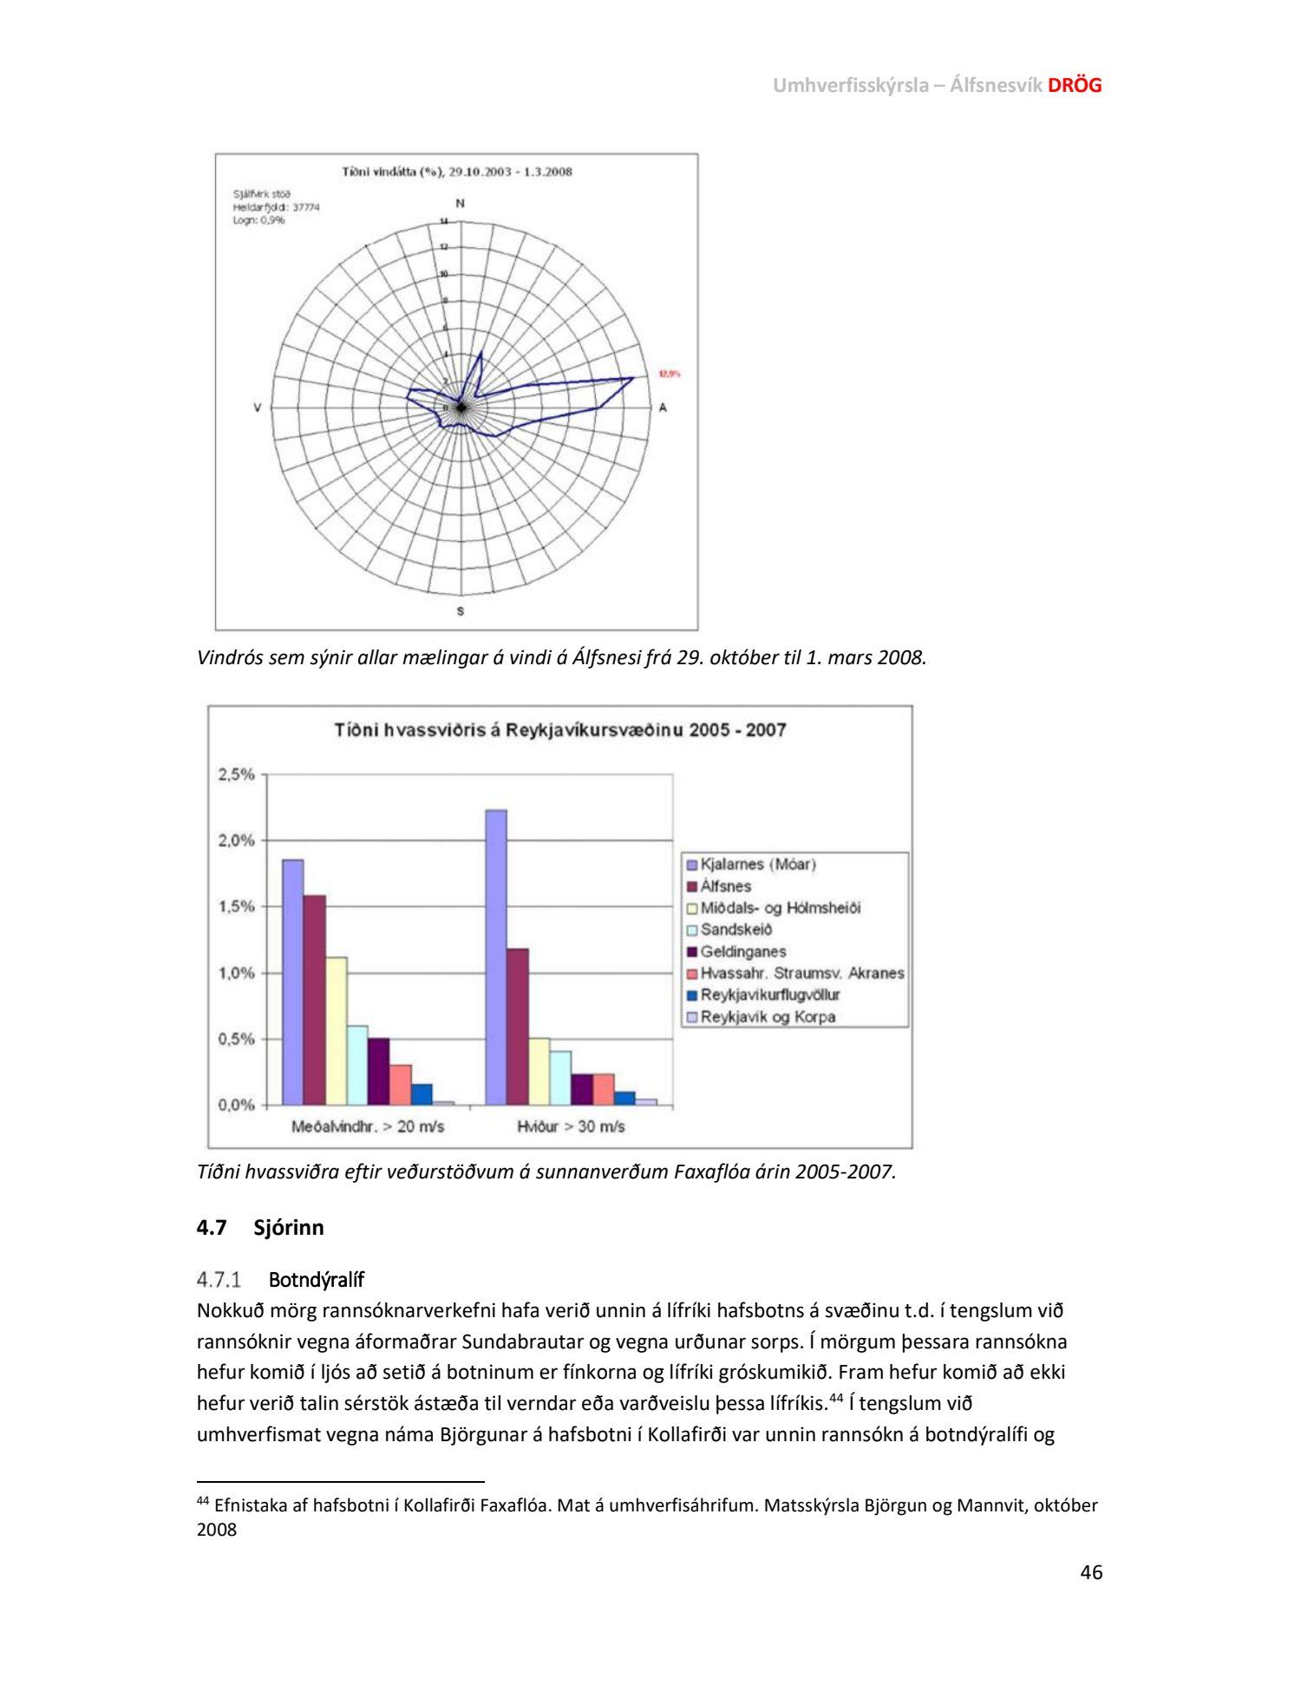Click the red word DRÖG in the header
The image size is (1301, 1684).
1075,85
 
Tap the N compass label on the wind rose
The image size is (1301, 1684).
460,203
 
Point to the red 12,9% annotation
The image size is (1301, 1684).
669,374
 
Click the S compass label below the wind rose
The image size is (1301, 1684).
460,610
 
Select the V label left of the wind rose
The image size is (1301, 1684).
257,408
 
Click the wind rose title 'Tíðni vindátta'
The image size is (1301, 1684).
457,172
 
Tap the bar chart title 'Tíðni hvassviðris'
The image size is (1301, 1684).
560,730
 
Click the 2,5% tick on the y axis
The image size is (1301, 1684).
236,774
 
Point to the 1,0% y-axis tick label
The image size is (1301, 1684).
236,973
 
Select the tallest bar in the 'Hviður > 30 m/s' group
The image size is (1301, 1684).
496,957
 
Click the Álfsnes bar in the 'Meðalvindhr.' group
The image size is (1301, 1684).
314,1000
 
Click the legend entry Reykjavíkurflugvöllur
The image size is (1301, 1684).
769,995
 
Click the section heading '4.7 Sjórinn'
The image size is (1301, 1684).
260,1227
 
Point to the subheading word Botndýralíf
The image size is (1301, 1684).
316,1280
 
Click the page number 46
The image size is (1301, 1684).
1091,1572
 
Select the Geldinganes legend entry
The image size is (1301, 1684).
742,951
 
